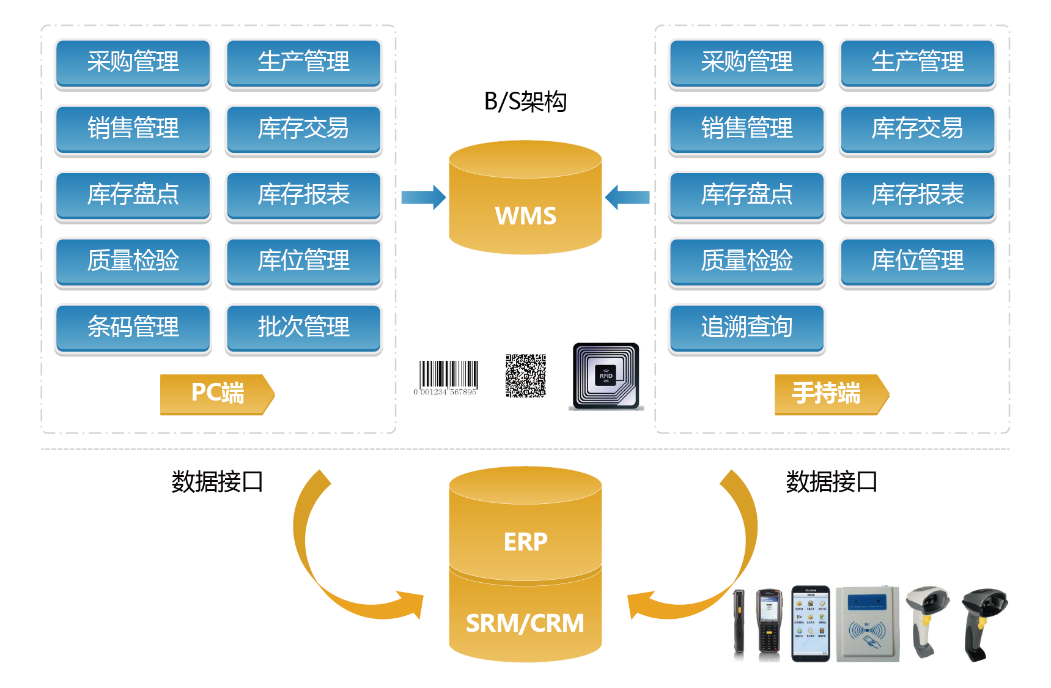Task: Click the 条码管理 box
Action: (x=133, y=327)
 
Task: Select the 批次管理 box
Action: (x=303, y=327)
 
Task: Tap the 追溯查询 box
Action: (x=747, y=327)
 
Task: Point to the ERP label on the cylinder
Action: (x=525, y=542)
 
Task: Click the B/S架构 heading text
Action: (x=525, y=102)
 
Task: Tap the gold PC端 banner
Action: (x=217, y=393)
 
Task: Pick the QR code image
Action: (x=525, y=375)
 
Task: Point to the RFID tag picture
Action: (x=606, y=376)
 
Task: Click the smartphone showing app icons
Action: (x=811, y=624)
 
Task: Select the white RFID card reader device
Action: (x=867, y=624)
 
